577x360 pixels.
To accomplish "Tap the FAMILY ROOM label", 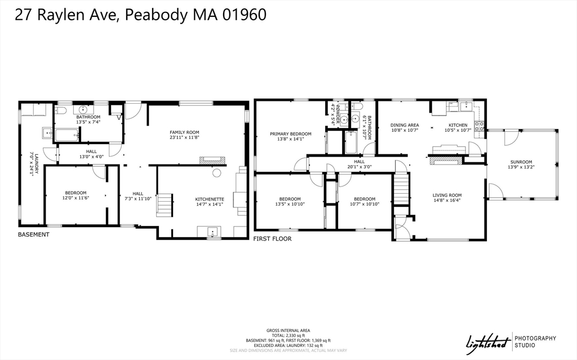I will [x=185, y=132].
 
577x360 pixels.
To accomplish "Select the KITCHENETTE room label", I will [x=210, y=198].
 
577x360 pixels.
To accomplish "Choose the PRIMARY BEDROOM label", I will [x=290, y=134].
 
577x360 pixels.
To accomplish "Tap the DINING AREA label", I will [x=405, y=125].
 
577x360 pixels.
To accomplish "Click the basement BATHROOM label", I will [x=88, y=117].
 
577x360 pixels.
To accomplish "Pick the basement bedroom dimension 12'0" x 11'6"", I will [x=76, y=198].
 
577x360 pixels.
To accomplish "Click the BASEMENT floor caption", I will [x=34, y=234].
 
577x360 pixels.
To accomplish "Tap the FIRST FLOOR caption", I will [x=272, y=239].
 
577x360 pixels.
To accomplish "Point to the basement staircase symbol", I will [x=164, y=205].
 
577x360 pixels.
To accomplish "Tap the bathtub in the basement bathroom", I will [x=66, y=135].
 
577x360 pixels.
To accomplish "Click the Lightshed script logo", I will [x=487, y=341].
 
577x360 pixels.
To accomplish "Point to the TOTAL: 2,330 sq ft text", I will [x=288, y=335].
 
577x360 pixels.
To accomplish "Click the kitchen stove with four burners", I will [x=480, y=127].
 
